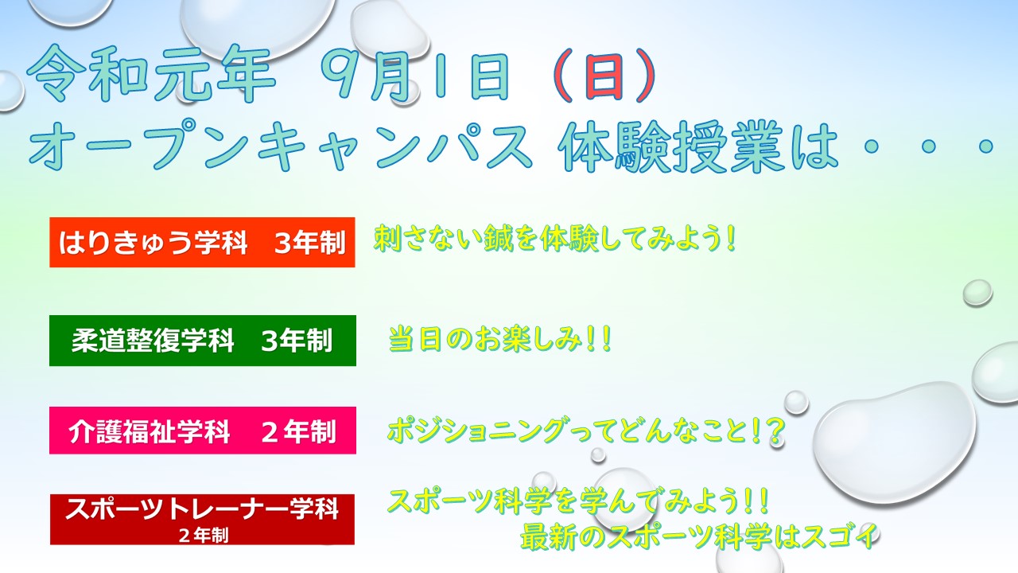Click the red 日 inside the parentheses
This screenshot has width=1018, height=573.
(x=604, y=76)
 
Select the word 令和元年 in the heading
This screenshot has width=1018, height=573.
(x=151, y=74)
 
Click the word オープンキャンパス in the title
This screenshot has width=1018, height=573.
(x=281, y=146)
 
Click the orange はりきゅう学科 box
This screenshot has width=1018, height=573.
(x=202, y=243)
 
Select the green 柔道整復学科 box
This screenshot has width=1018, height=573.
(x=203, y=341)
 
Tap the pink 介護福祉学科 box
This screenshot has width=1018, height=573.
(x=203, y=431)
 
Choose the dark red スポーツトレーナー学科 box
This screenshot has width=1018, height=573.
(x=202, y=520)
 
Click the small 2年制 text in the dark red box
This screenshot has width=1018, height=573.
(x=203, y=536)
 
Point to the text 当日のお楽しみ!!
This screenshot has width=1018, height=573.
(x=499, y=339)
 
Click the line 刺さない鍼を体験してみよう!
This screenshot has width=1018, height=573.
(x=554, y=238)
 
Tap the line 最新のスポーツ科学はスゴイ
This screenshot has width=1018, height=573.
(x=699, y=536)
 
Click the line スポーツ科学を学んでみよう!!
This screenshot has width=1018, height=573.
(x=578, y=501)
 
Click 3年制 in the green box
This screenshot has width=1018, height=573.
(x=297, y=341)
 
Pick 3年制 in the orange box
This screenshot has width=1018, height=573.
(x=310, y=243)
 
